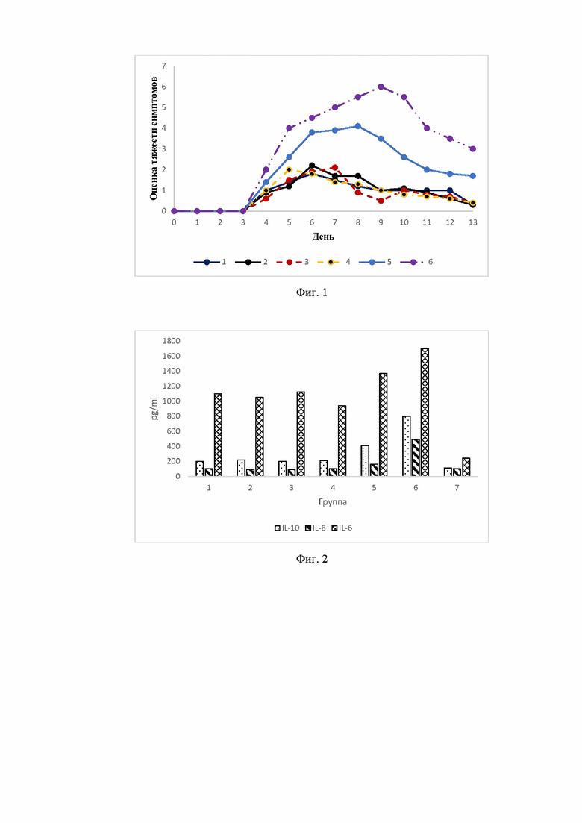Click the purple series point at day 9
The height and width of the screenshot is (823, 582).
[x=381, y=87]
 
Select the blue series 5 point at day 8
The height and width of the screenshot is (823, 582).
[x=358, y=126]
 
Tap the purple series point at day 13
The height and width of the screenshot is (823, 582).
[x=473, y=149]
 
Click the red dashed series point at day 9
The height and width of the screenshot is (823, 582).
[x=381, y=201]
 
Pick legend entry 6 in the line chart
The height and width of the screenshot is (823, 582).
[x=416, y=262]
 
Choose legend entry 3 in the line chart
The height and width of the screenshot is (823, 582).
[x=292, y=262]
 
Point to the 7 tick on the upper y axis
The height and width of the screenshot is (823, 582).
[x=163, y=66]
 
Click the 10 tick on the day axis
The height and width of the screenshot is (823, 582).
[x=404, y=222]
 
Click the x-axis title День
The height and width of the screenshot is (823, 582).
[x=323, y=237]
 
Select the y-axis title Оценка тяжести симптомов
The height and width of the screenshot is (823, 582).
[x=154, y=138]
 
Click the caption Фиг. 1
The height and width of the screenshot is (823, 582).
[x=312, y=293]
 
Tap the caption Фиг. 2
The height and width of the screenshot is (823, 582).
[x=312, y=559]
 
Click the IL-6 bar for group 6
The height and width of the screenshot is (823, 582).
[x=425, y=413]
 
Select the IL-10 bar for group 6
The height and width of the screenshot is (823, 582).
[x=406, y=446]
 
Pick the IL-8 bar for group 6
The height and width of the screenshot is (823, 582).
[x=416, y=457]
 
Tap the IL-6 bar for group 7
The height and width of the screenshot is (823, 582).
[x=466, y=467]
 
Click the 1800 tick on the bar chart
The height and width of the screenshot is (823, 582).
[x=171, y=341]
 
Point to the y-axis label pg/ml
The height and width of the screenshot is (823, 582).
[x=154, y=408]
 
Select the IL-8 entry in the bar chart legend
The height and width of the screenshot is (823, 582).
[x=316, y=528]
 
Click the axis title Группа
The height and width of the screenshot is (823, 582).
[x=333, y=501]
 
